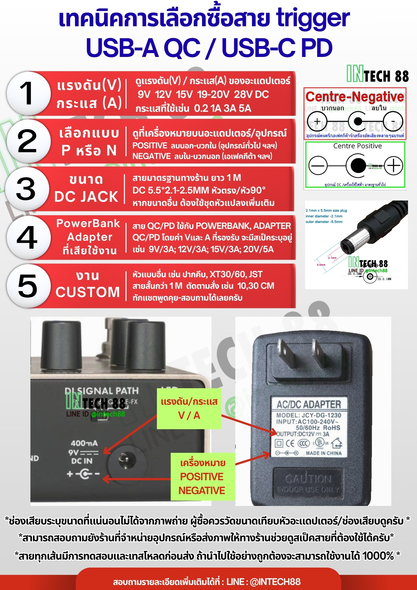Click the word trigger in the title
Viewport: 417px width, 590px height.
coord(313,18)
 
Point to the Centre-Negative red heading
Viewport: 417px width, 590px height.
coord(355,96)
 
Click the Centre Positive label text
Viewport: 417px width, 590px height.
coord(357,146)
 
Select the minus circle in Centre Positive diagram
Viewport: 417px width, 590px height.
coord(318,165)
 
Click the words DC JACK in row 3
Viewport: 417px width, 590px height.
coord(86,197)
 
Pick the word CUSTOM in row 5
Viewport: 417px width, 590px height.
coord(88,292)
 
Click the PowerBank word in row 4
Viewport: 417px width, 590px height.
coord(88,223)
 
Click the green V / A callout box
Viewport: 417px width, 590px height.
coord(189,409)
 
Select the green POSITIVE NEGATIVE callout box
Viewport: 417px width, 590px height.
coord(203,477)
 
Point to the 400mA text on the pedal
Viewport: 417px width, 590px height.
coord(84,443)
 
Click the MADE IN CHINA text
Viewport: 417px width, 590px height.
coord(324,453)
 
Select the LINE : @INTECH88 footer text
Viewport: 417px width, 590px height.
coord(263,582)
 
